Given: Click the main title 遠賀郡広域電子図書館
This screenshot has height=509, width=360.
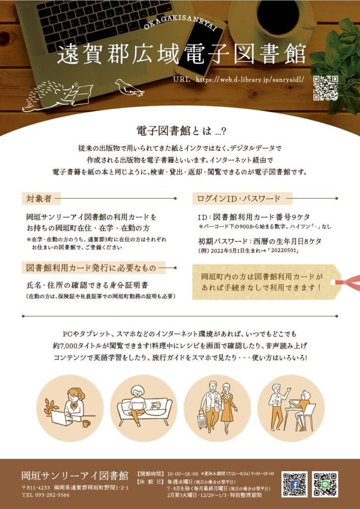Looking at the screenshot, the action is pyautogui.click(x=181, y=55).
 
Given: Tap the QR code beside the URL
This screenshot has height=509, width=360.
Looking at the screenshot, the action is pyautogui.click(x=326, y=88).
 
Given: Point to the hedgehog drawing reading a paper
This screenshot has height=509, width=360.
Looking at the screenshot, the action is pyautogui.click(x=57, y=96).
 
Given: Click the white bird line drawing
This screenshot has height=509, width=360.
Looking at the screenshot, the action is pyautogui.click(x=129, y=87).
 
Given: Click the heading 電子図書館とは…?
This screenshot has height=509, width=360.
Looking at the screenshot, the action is pyautogui.click(x=181, y=132).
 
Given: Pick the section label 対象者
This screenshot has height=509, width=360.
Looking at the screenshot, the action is pyautogui.click(x=39, y=198).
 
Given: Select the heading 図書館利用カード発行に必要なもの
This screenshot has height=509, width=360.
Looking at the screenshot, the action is pyautogui.click(x=91, y=268).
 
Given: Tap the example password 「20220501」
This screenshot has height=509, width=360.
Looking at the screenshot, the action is pyautogui.click(x=283, y=251).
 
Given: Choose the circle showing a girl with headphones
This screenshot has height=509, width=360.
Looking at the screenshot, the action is pyautogui.click(x=70, y=409).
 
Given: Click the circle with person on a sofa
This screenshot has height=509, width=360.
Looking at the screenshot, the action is pyautogui.click(x=144, y=409).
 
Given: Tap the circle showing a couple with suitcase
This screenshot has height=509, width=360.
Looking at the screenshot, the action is pyautogui.click(x=217, y=409).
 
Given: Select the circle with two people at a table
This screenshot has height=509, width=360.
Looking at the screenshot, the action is pyautogui.click(x=291, y=409).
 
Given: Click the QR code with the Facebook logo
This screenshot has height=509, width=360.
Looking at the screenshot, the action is pyautogui.click(x=294, y=484).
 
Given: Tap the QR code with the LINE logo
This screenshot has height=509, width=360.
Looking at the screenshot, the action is pyautogui.click(x=325, y=484).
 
